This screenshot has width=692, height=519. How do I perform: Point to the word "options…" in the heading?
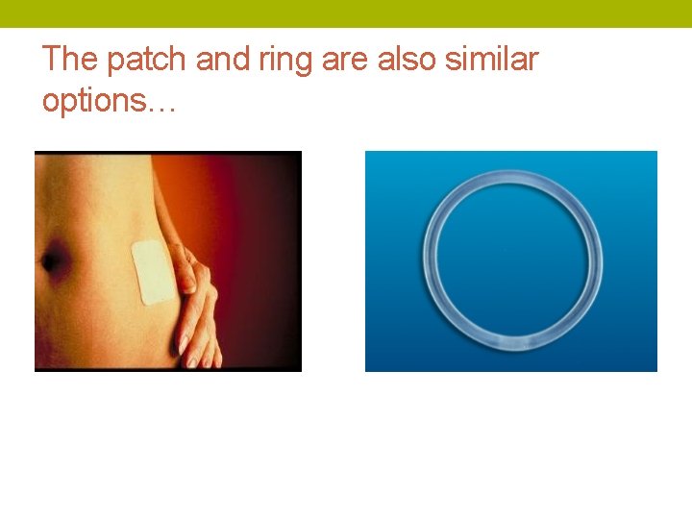click(109, 100)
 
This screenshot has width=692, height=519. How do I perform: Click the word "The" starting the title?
click(70, 60)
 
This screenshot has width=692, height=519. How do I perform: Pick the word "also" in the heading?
click(406, 60)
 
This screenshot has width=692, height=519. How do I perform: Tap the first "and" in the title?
click(222, 60)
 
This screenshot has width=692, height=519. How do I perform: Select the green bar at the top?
click(346, 13)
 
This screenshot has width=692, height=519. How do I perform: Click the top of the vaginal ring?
click(514, 177)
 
